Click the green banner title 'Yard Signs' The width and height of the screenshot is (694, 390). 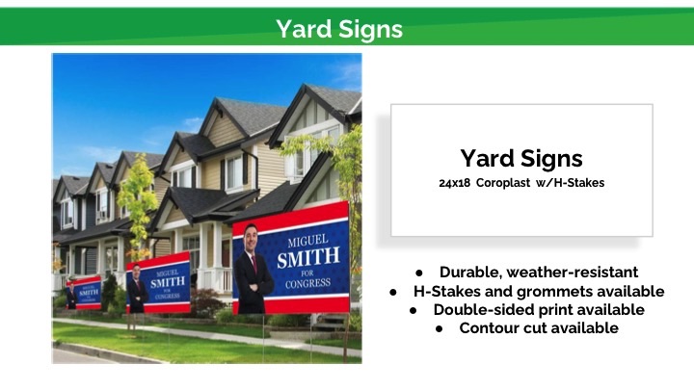pyautogui.click(x=339, y=29)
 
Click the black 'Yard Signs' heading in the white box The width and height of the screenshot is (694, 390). pyautogui.click(x=521, y=159)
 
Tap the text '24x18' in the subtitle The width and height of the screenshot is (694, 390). pyautogui.click(x=455, y=183)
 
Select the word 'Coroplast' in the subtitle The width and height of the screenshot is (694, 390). pyautogui.click(x=503, y=183)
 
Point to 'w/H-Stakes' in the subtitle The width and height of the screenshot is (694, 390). pyautogui.click(x=570, y=183)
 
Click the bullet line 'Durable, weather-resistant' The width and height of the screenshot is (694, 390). pyautogui.click(x=539, y=272)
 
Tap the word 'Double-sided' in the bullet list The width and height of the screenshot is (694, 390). pyautogui.click(x=484, y=309)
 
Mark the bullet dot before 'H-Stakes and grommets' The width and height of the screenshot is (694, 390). pyautogui.click(x=393, y=293)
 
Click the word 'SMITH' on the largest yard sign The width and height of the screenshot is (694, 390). pyautogui.click(x=308, y=257)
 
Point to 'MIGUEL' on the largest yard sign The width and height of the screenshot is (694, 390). pyautogui.click(x=308, y=241)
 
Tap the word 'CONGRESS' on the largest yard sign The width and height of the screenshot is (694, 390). pyautogui.click(x=308, y=283)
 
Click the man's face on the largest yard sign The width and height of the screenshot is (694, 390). pyautogui.click(x=251, y=238)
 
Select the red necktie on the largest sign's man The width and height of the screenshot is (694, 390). pyautogui.click(x=254, y=264)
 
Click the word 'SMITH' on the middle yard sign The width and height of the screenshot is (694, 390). pyautogui.click(x=168, y=282)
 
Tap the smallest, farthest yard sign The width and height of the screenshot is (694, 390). pyautogui.click(x=84, y=293)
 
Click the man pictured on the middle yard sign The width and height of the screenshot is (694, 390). pyautogui.click(x=137, y=289)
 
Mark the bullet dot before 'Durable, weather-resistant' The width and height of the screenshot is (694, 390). pyautogui.click(x=419, y=273)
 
